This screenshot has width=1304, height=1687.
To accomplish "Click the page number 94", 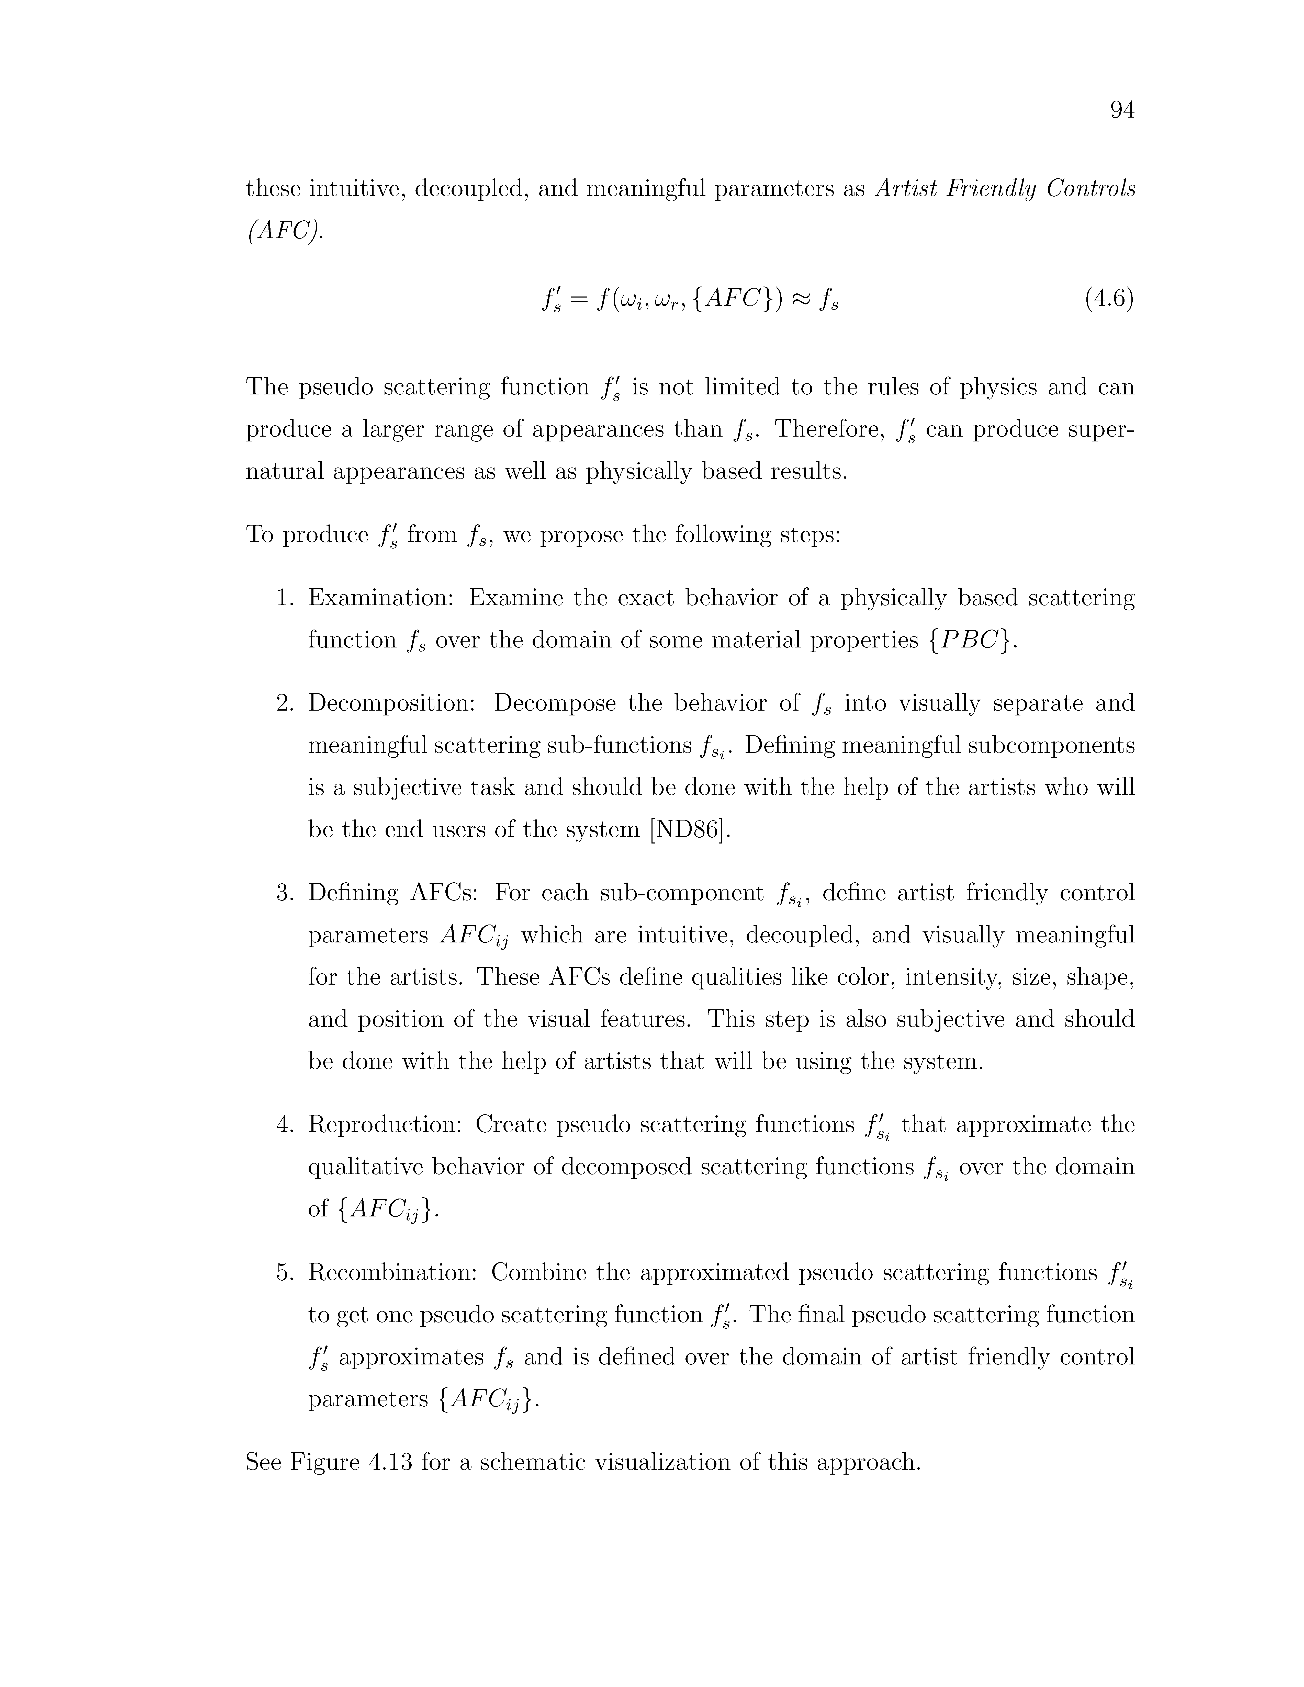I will (x=1122, y=111).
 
